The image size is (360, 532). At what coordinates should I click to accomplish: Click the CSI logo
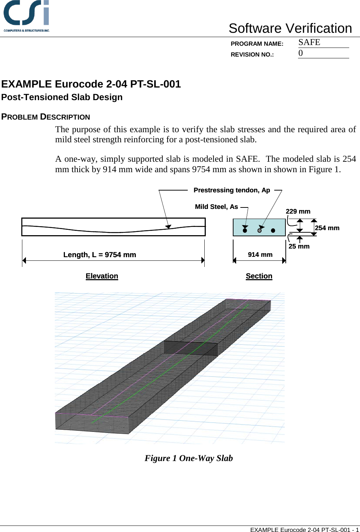26,16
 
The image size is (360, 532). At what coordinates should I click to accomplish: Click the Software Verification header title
290,28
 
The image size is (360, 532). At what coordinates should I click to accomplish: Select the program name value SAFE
309,43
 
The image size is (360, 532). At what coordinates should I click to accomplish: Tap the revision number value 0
301,53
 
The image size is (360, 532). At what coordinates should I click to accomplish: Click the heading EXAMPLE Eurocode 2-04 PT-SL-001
91,84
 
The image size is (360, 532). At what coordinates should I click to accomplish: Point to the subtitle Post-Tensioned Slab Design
62,97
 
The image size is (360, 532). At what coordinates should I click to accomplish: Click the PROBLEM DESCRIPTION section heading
46,117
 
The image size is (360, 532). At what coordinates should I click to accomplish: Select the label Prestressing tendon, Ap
232,190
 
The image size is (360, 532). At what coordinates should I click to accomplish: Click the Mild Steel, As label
216,207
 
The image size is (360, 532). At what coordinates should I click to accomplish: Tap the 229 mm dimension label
298,211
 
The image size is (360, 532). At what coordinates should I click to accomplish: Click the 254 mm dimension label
327,228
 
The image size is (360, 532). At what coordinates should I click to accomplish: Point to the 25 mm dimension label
299,246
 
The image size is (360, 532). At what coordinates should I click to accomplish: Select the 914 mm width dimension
260,255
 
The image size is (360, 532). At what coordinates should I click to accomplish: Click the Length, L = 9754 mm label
100,255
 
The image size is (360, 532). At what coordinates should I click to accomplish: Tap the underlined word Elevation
102,276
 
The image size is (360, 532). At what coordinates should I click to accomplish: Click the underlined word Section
259,276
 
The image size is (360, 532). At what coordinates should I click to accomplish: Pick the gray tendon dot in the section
259,230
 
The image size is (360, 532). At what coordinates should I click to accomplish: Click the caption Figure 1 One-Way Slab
189,458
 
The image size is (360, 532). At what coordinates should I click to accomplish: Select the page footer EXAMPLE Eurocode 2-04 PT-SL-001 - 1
305,529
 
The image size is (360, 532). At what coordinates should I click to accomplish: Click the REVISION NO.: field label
252,55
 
